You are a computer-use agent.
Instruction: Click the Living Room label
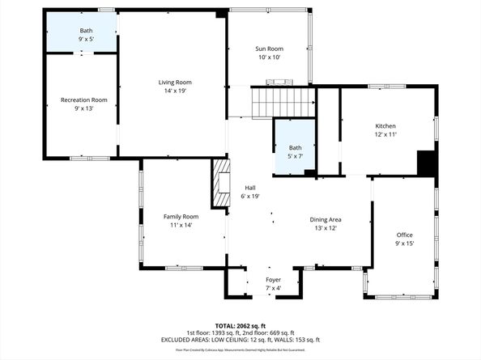click(x=174, y=82)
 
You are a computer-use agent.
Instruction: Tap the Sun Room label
click(x=268, y=49)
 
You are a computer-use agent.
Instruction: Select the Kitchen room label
click(x=385, y=127)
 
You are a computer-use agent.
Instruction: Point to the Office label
click(x=405, y=235)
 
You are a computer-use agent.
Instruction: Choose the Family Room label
click(x=181, y=217)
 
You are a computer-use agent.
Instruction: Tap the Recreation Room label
click(x=83, y=100)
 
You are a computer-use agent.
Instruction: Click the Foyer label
click(x=274, y=280)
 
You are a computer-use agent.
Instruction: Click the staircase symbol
click(x=282, y=104)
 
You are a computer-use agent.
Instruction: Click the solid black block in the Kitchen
click(x=426, y=163)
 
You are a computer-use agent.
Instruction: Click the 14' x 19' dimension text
click(x=174, y=91)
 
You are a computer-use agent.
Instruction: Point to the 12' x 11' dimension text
click(x=385, y=136)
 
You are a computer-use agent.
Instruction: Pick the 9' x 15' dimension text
click(x=405, y=244)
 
